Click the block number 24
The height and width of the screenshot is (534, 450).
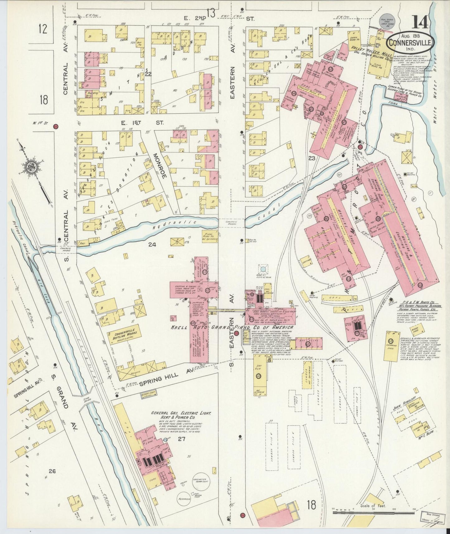tap(152, 245)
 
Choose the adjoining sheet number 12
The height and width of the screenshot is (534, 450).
tap(43, 29)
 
